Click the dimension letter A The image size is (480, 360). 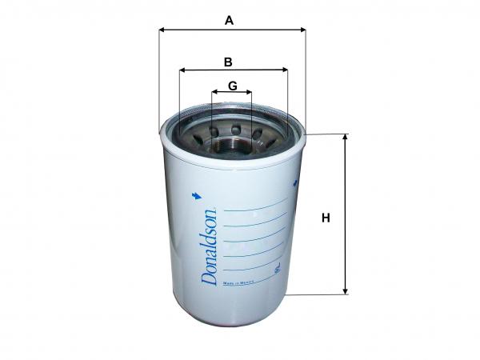[229, 21]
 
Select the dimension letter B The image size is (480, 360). [228, 61]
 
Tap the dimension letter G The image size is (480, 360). [231, 85]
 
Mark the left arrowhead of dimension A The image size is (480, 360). [162, 30]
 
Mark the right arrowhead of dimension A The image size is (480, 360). [302, 30]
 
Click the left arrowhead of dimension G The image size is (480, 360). [214, 93]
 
